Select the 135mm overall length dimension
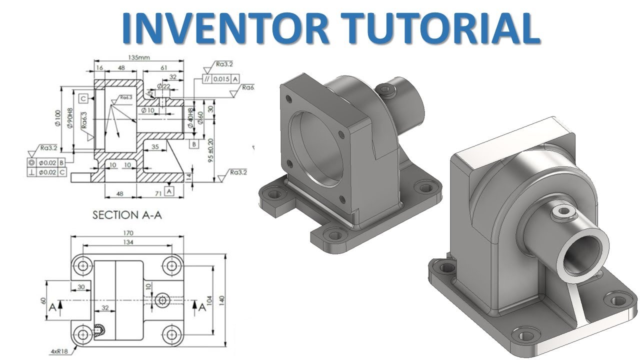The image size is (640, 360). click(139, 58)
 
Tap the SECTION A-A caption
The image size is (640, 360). click(129, 215)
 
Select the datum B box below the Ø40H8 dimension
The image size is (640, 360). click(193, 144)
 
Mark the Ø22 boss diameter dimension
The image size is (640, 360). click(163, 86)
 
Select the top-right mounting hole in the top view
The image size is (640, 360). click(171, 265)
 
